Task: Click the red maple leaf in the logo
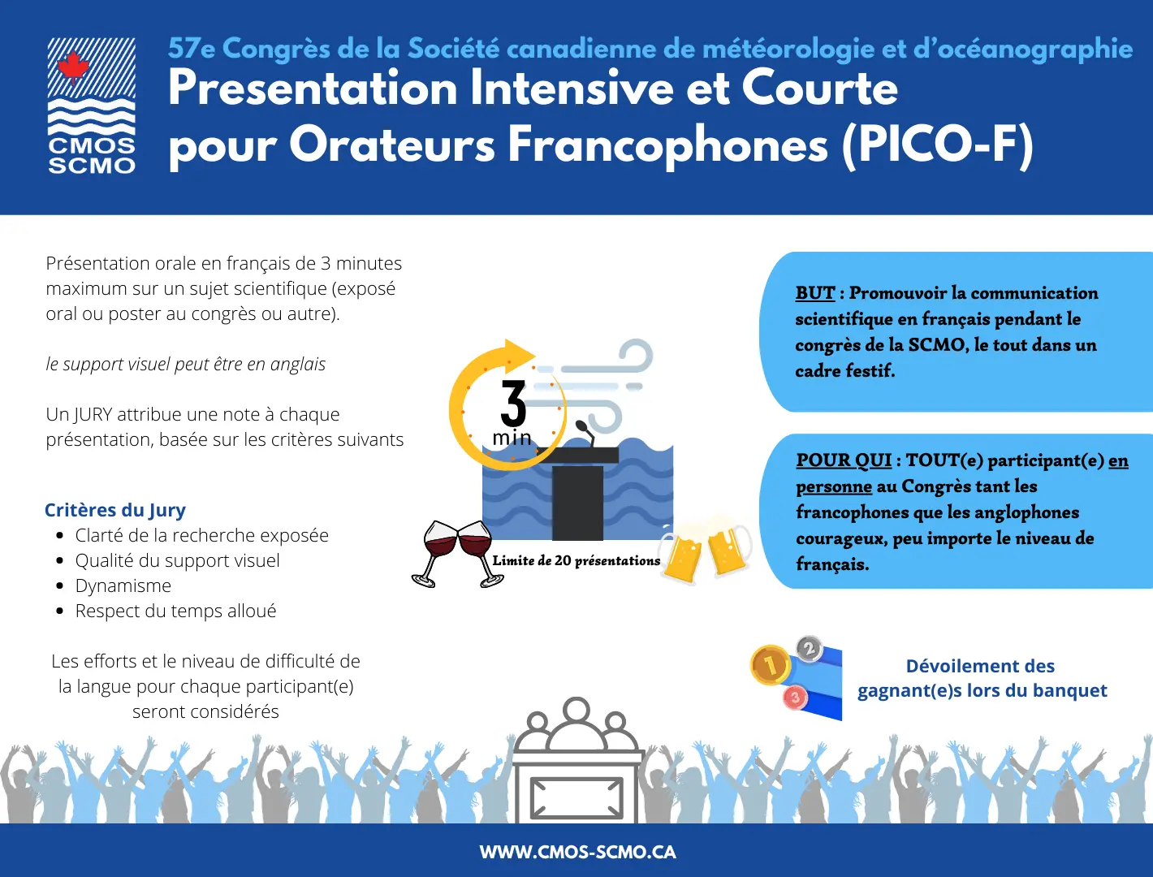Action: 73,68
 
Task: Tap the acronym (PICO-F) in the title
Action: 938,145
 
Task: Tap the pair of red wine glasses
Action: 457,554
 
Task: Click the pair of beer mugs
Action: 706,549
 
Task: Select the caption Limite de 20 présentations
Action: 576,560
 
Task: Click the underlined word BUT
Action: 814,292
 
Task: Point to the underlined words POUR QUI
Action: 844,460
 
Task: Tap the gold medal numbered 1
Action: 770,665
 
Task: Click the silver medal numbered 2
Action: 810,648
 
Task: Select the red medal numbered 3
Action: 795,698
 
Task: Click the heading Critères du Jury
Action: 115,510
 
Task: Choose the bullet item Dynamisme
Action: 123,585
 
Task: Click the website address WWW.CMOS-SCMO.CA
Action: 577,852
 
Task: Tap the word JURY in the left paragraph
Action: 93,414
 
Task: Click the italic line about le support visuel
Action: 185,364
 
